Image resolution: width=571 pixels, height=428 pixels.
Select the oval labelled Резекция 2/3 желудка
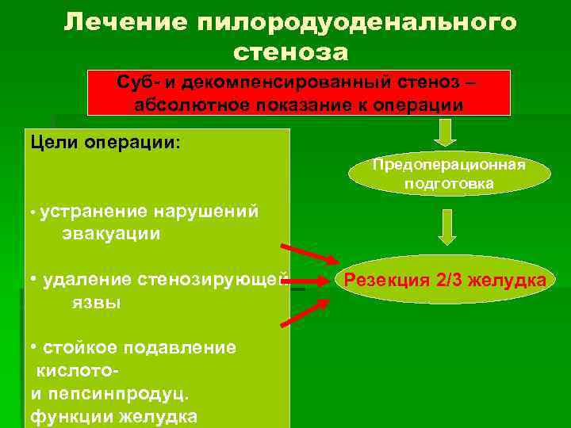[x=443, y=280]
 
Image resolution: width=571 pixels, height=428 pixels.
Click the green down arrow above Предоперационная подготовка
[x=447, y=132]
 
